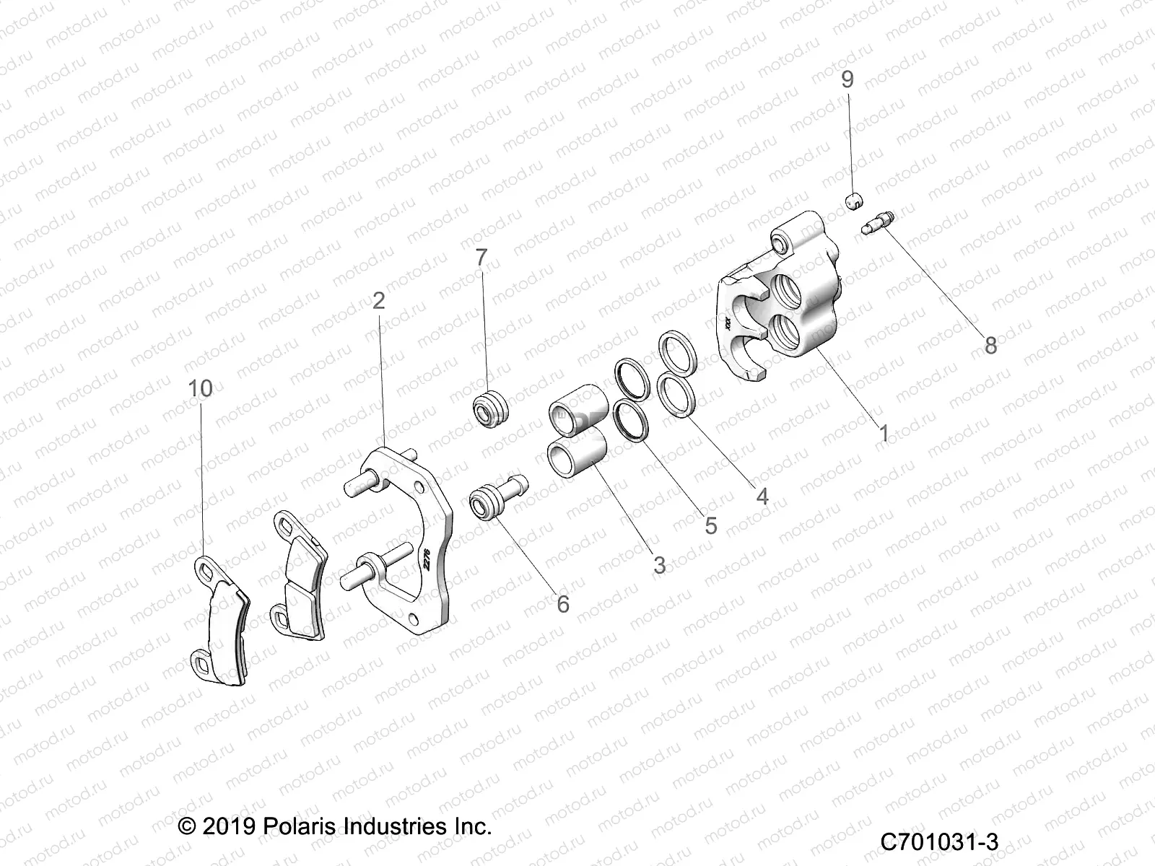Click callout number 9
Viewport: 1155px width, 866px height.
click(847, 79)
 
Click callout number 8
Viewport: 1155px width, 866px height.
click(990, 345)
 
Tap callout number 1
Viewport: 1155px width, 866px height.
click(884, 433)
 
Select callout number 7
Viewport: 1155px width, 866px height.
click(481, 256)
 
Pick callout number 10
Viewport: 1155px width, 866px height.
click(201, 388)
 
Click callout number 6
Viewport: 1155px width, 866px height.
click(563, 603)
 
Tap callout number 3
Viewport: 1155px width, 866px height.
click(659, 565)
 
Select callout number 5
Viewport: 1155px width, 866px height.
click(711, 526)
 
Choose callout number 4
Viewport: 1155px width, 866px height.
click(762, 497)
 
